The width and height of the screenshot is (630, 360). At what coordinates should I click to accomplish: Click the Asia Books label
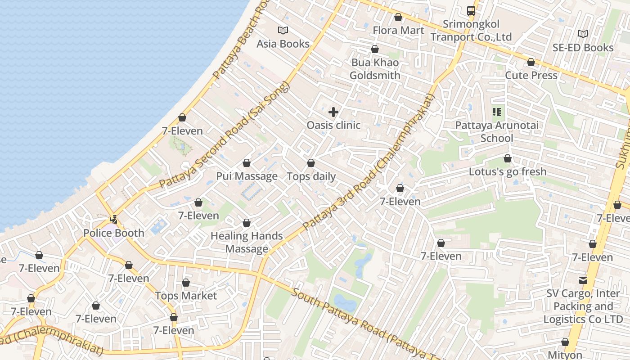click(x=283, y=44)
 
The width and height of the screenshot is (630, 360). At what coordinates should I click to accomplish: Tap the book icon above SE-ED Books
click(x=583, y=34)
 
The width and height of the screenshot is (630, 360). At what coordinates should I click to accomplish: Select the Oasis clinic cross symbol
click(x=333, y=112)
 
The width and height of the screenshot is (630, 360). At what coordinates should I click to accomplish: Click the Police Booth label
click(x=114, y=233)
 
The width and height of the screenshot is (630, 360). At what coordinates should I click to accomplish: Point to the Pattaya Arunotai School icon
click(x=497, y=112)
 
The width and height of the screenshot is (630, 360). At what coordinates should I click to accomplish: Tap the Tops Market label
click(x=186, y=296)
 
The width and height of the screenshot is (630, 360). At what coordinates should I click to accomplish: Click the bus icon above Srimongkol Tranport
click(x=471, y=11)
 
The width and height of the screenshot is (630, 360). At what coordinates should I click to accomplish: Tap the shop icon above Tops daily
click(x=311, y=163)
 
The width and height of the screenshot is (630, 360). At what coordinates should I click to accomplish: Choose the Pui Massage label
click(x=247, y=176)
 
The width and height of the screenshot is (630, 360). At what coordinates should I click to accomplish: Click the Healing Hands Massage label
click(x=247, y=242)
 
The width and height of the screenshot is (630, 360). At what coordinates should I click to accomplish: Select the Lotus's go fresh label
click(x=508, y=171)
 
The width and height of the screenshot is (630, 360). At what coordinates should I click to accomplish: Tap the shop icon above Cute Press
click(x=531, y=62)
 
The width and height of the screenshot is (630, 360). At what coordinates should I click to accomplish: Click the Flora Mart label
click(x=398, y=30)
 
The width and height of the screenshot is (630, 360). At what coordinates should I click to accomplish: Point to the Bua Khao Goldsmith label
click(x=375, y=69)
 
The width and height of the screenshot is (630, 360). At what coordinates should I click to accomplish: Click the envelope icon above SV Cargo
click(x=583, y=280)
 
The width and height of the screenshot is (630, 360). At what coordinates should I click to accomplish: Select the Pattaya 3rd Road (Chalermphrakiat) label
click(x=369, y=162)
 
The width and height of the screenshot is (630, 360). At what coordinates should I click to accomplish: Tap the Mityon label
click(x=565, y=355)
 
